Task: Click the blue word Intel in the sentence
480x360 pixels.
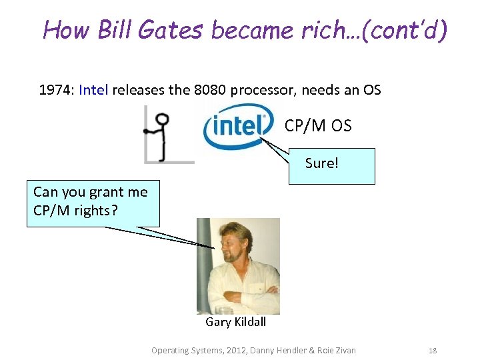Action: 93,89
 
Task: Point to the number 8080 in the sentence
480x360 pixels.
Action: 209,89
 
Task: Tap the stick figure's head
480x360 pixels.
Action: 161,120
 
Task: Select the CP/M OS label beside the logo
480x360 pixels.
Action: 317,126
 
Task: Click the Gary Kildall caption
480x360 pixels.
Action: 235,322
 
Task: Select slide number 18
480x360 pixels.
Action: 432,350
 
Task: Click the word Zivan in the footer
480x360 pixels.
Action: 343,350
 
